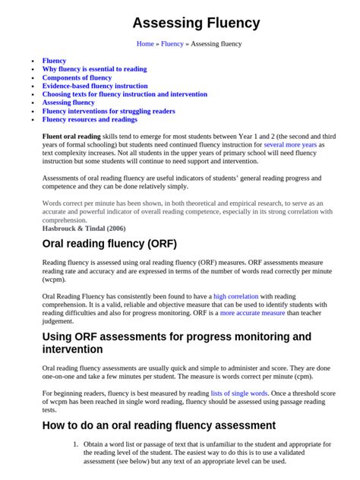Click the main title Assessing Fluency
coord(197,24)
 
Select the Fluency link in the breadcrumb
coord(172,44)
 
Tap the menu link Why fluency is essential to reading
coord(94,69)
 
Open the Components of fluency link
coord(77,77)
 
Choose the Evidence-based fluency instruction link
coord(95,86)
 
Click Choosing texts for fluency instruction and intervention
coord(125,94)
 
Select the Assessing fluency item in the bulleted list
coord(68,103)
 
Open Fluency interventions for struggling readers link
coord(109,111)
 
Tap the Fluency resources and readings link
coord(90,119)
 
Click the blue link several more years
coord(291,144)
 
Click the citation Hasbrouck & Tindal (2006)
coord(84,227)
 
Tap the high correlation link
coord(236,295)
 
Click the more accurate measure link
coord(253,313)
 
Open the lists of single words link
coord(238,393)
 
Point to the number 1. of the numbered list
coord(75,444)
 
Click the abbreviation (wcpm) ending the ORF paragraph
coord(55,279)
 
